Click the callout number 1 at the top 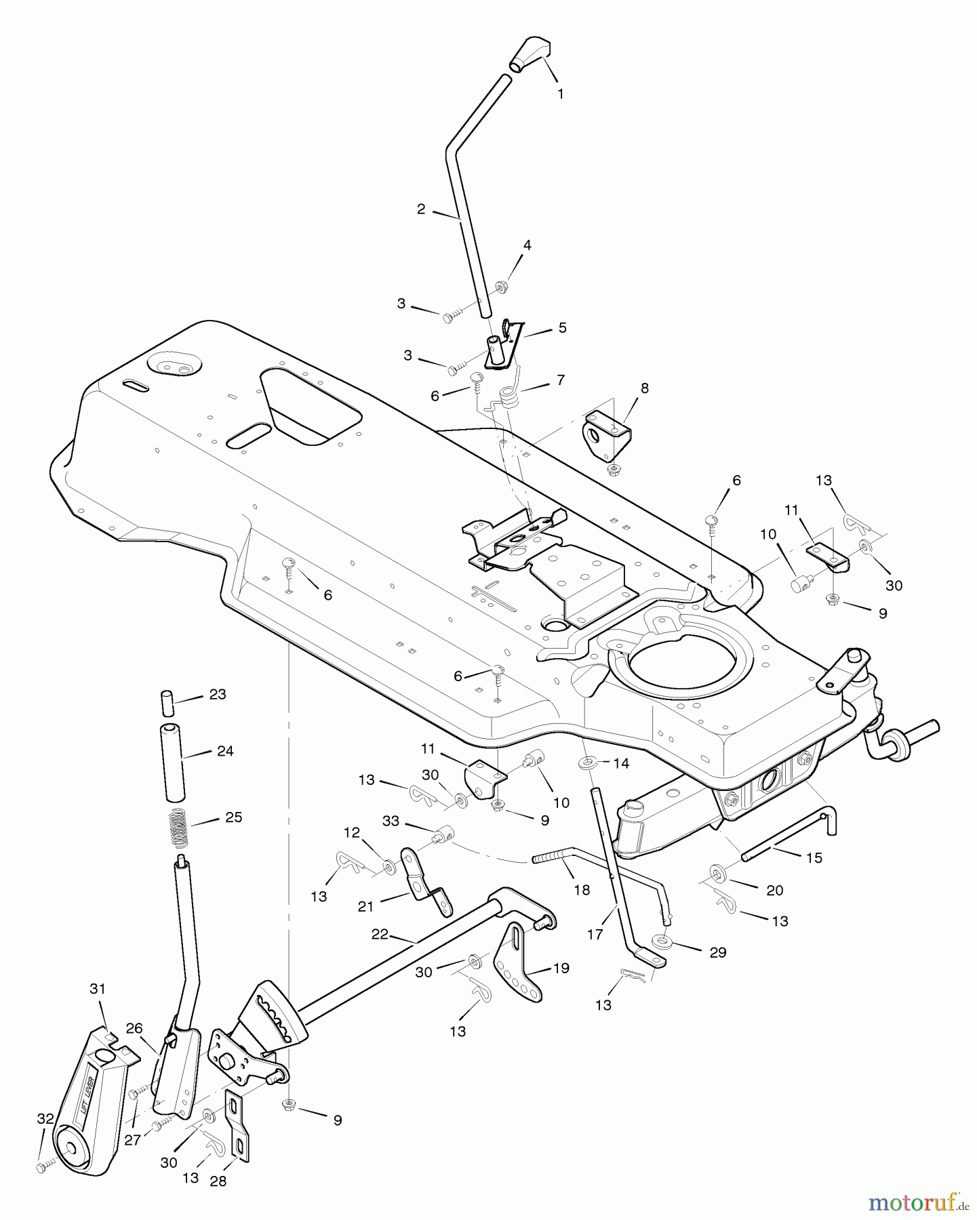tap(561, 94)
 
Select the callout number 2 tap(421, 209)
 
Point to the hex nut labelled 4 tap(502, 287)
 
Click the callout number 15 tap(814, 857)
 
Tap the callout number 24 tap(225, 751)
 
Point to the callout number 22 tap(380, 934)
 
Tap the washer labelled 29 tap(659, 941)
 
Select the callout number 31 tap(98, 989)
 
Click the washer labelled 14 tap(587, 764)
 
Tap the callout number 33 tap(391, 821)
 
